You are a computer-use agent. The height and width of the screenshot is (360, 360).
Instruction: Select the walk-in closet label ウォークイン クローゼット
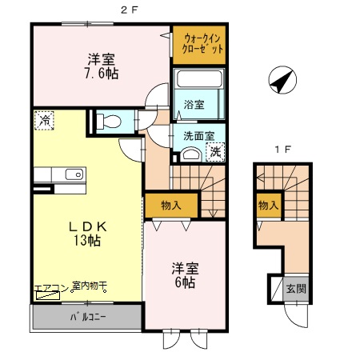(199, 43)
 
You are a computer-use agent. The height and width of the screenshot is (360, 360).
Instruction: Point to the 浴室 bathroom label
(194, 104)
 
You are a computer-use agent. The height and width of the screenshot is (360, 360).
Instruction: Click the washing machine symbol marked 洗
(215, 151)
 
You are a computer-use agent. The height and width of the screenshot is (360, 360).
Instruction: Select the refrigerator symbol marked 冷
(43, 122)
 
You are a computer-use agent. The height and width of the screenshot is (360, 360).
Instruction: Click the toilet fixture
(110, 122)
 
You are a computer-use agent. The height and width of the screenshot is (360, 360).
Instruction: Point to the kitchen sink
(73, 174)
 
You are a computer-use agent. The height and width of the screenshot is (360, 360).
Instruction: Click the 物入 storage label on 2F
(170, 205)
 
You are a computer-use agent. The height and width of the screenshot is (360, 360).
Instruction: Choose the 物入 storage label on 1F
(268, 206)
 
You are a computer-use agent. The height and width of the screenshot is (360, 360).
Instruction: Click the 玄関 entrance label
(297, 290)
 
